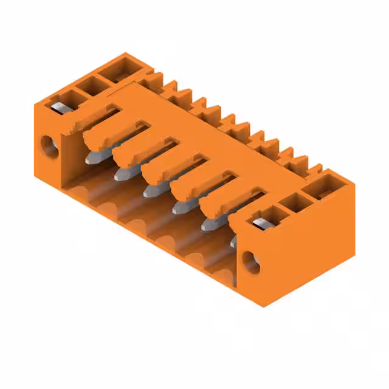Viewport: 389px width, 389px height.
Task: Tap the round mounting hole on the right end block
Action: (251, 261)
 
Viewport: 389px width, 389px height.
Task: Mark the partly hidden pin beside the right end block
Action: (233, 241)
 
